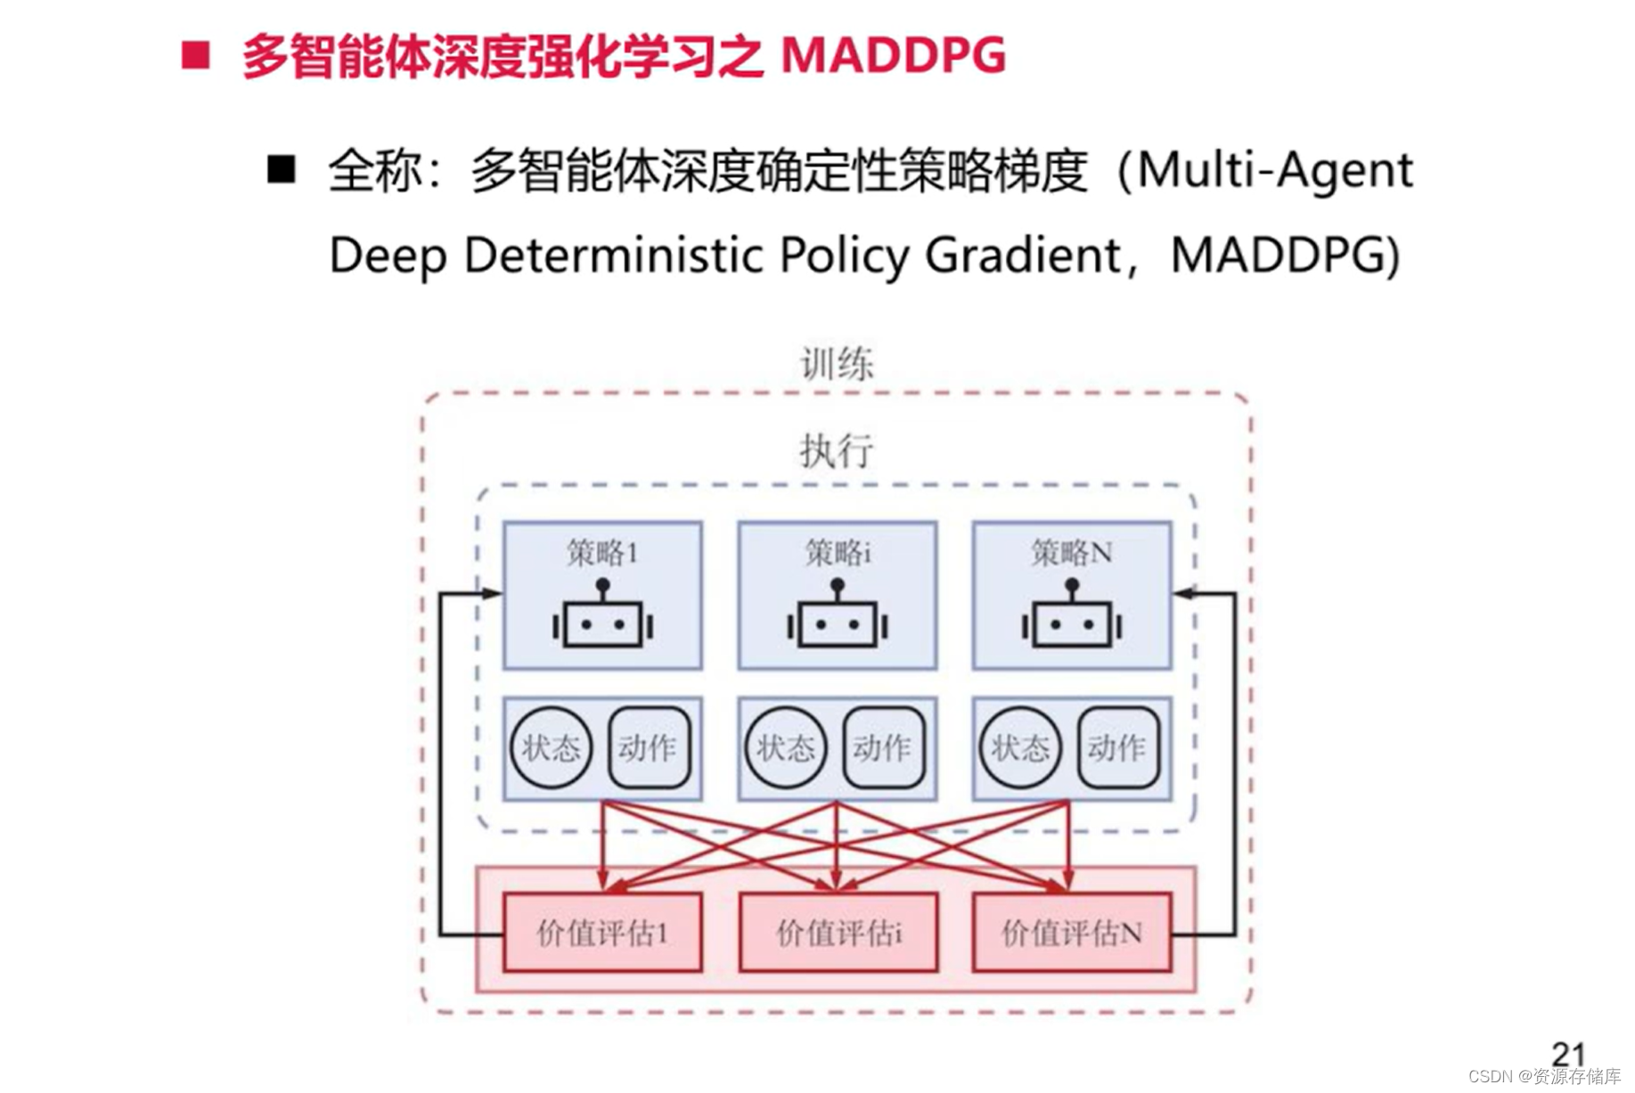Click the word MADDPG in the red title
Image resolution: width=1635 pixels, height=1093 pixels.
tap(894, 55)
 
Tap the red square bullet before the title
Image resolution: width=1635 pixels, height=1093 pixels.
tap(195, 55)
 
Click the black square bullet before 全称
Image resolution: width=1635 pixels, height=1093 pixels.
tap(282, 169)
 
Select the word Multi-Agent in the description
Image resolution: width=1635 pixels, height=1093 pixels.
tap(1275, 170)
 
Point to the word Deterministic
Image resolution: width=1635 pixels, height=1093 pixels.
tap(617, 256)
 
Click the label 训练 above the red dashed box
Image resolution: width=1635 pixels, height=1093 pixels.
tap(837, 364)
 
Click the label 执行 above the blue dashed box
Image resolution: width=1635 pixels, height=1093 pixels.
tap(837, 451)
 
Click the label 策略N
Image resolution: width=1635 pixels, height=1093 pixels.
tap(1071, 553)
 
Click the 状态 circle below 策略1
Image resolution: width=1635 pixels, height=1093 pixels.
tap(551, 748)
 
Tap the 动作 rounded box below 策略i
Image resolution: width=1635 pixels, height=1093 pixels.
tap(882, 748)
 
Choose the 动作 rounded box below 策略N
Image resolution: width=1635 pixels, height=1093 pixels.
tap(1117, 748)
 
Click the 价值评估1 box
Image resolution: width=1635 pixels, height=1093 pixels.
tap(602, 933)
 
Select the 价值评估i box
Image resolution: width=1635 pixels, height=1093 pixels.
tap(838, 933)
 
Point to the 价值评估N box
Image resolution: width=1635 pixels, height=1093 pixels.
tap(1071, 933)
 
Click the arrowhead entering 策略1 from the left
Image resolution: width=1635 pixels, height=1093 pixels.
tap(492, 593)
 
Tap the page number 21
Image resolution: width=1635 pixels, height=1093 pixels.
tap(1568, 1054)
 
